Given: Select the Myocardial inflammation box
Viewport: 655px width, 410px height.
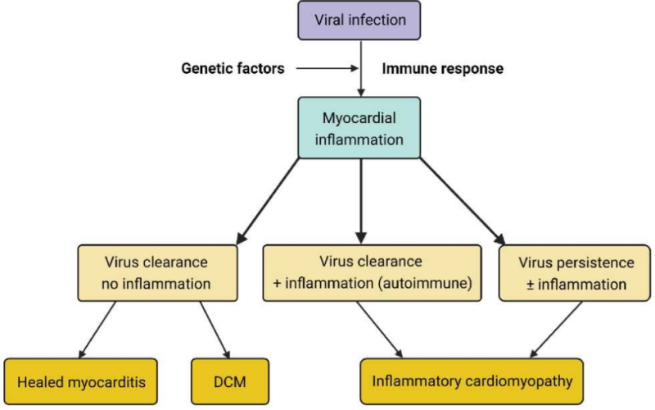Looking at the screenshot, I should pos(361,129).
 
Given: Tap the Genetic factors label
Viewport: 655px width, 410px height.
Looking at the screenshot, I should pos(233,68).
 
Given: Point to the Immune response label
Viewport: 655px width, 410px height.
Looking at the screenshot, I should pos(443,68).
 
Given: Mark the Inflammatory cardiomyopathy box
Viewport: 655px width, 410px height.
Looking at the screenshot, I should pos(472,381).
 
